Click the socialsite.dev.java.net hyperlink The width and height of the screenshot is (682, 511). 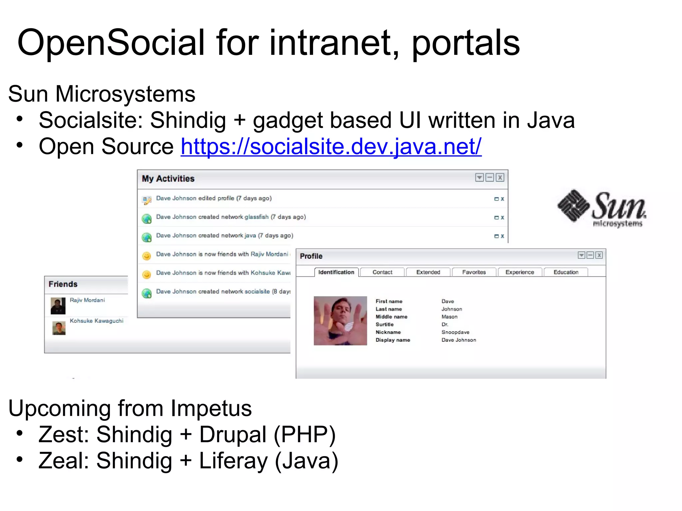pyautogui.click(x=331, y=146)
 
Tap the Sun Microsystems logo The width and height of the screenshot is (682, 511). pyautogui.click(x=602, y=208)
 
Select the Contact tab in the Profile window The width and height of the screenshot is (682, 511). pyautogui.click(x=382, y=272)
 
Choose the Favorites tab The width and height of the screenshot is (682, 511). pyautogui.click(x=474, y=272)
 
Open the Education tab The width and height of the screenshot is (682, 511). pyautogui.click(x=566, y=272)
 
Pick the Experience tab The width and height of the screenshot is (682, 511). pyautogui.click(x=519, y=272)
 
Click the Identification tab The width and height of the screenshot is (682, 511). pyautogui.click(x=336, y=272)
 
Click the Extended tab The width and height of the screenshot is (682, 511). pyautogui.click(x=428, y=272)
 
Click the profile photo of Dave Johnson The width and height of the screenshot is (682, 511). pyautogui.click(x=340, y=321)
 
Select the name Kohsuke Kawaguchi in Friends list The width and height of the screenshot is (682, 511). pyautogui.click(x=97, y=321)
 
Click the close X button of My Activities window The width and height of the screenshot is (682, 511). pyautogui.click(x=500, y=178)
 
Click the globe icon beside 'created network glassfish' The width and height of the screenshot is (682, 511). pyautogui.click(x=147, y=219)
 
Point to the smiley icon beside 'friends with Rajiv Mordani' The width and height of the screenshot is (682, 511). pyautogui.click(x=147, y=256)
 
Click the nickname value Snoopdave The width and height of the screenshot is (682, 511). pyautogui.click(x=455, y=332)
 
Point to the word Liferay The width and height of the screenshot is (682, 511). pyautogui.click(x=233, y=461)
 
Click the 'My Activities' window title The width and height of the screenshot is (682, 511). pyautogui.click(x=168, y=179)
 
